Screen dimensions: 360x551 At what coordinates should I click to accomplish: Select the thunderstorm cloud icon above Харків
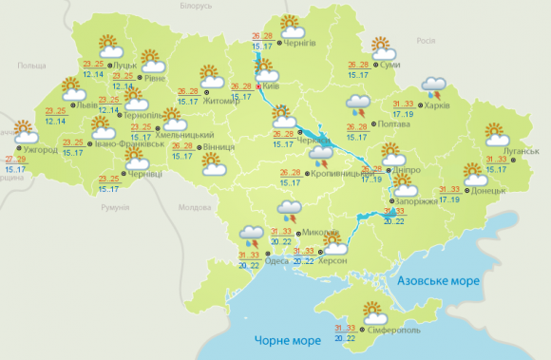coord(436,88)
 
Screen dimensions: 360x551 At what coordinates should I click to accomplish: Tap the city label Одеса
coord(277,261)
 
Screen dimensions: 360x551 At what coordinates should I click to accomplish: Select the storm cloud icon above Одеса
coord(253,233)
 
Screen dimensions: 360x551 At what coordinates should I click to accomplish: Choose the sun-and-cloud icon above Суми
coord(383,47)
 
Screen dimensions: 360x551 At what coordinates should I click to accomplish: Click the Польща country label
coord(31,65)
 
